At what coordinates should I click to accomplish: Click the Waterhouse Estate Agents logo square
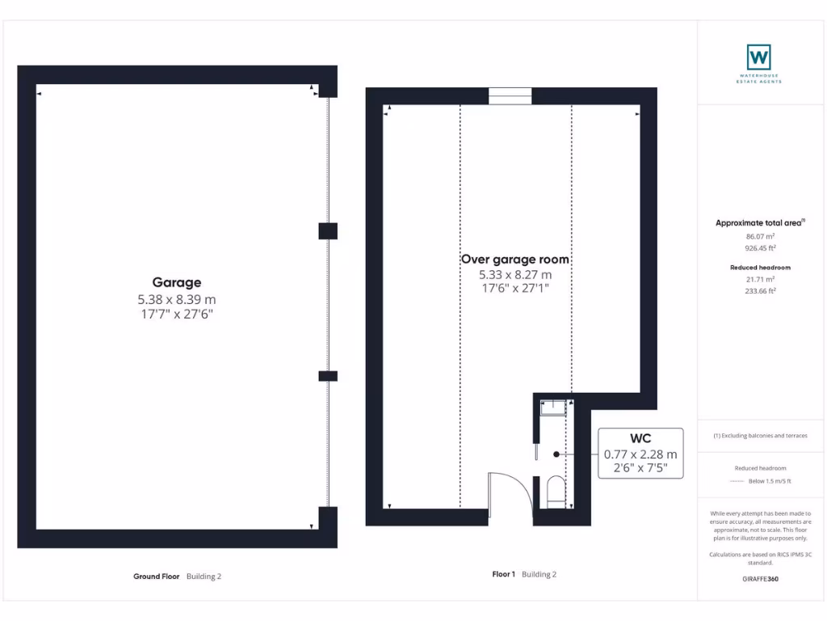point(758,57)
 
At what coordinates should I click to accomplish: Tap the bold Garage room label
point(177,282)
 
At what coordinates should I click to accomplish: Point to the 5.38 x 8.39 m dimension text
point(177,299)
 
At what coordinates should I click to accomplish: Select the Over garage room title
point(514,260)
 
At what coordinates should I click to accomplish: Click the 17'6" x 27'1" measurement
point(514,289)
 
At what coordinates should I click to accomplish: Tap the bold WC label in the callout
point(640,439)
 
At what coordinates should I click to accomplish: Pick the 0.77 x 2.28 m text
point(640,454)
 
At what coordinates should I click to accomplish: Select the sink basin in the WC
point(553,407)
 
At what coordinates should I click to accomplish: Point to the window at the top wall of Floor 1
point(510,96)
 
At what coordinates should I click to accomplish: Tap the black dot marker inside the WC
point(556,454)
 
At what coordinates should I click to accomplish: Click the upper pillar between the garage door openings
point(327,231)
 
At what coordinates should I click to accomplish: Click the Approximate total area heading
point(759,223)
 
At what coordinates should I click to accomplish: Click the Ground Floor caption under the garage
point(157,577)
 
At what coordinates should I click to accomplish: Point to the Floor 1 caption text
point(503,574)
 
